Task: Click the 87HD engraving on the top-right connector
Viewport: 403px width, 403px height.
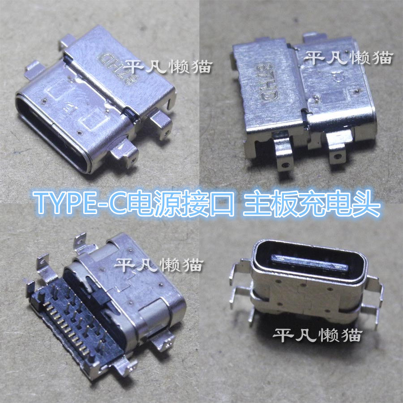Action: click(267, 82)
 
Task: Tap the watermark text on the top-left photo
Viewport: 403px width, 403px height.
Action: click(168, 67)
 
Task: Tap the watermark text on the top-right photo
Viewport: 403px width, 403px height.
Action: click(348, 57)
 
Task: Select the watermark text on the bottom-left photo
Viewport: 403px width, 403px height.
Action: click(159, 265)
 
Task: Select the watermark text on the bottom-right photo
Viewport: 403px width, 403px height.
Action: click(317, 334)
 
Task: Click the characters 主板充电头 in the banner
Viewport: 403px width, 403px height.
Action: click(312, 203)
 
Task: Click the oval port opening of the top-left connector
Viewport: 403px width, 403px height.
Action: click(53, 133)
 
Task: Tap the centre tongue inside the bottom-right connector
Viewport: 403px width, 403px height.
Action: click(310, 263)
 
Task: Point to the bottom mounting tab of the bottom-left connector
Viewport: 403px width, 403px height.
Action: click(124, 367)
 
